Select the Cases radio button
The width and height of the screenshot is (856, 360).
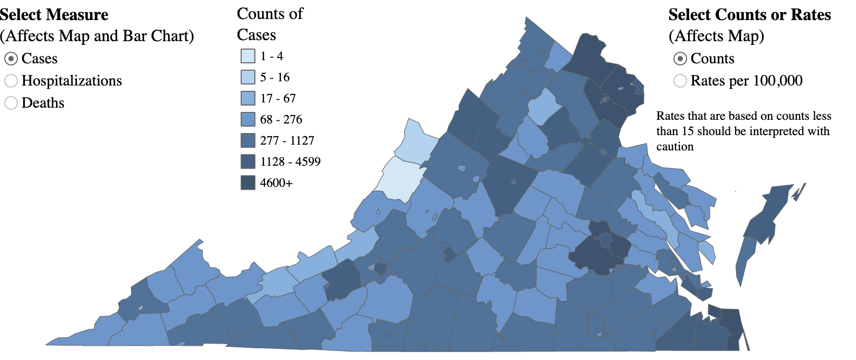click(x=11, y=58)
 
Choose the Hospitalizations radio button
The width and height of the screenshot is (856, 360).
click(x=11, y=81)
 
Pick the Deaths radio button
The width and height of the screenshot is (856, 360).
click(x=11, y=103)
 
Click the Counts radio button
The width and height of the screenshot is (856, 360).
click(x=680, y=58)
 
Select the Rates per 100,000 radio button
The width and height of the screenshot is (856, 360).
click(x=680, y=81)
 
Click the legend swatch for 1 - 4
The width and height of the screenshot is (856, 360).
click(x=248, y=56)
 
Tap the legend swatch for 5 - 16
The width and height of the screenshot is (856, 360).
click(x=248, y=77)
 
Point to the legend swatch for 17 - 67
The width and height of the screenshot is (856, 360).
click(x=248, y=98)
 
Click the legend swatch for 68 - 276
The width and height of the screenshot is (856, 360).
click(x=248, y=119)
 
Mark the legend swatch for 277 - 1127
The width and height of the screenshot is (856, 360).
click(x=248, y=140)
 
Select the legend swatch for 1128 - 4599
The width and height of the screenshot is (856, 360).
click(x=248, y=162)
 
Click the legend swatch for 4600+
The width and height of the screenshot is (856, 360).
click(x=248, y=183)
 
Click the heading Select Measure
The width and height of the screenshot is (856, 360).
click(x=54, y=15)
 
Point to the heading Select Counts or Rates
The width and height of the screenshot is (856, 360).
click(x=749, y=15)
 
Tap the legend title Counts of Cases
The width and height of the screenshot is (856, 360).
click(x=270, y=24)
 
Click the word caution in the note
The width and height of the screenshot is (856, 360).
click(x=675, y=147)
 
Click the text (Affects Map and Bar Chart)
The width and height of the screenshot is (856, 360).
click(x=97, y=36)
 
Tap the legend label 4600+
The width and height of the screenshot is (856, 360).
click(x=276, y=183)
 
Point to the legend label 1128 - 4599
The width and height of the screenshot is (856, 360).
click(x=290, y=162)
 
